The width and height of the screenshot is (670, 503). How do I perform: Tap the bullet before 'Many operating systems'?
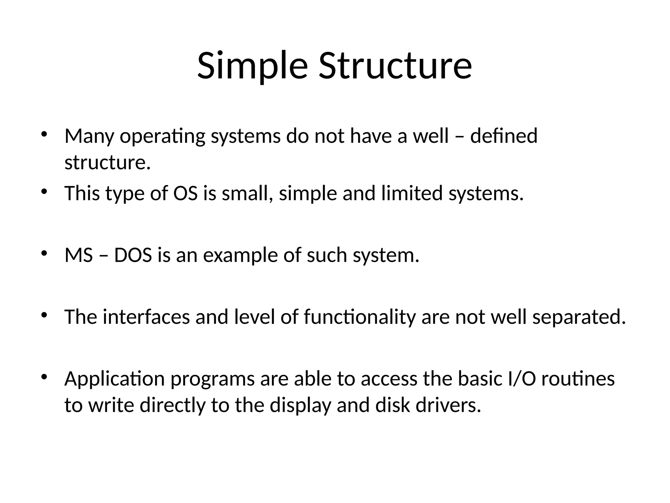click(44, 135)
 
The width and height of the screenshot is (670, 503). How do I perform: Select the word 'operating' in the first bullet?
click(163, 136)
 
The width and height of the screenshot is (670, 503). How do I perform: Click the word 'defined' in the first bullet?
click(504, 136)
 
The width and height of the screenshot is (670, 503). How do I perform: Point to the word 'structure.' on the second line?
click(108, 162)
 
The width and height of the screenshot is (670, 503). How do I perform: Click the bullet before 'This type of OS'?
click(44, 192)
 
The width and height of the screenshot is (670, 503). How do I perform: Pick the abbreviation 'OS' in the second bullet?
click(185, 193)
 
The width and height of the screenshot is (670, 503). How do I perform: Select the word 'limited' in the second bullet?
click(412, 193)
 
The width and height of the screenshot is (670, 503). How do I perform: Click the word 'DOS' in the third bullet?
click(133, 255)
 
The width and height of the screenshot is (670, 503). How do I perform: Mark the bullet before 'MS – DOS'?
click(44, 253)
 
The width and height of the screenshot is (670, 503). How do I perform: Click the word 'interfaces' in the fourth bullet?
click(146, 317)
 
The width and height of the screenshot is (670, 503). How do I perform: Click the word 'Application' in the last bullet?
click(115, 379)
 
